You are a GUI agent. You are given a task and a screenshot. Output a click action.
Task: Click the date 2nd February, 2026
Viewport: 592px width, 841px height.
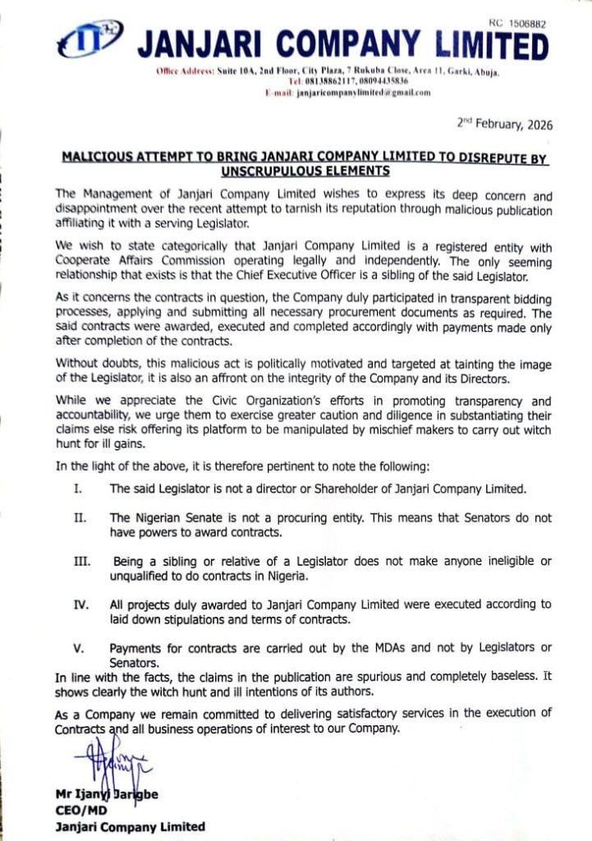click(505, 126)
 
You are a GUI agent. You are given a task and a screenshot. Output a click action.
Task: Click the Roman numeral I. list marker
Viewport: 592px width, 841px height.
click(76, 489)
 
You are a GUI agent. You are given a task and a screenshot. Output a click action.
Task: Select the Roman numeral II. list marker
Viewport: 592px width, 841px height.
click(79, 519)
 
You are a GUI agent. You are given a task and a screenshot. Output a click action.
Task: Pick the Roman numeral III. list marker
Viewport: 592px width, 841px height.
click(80, 561)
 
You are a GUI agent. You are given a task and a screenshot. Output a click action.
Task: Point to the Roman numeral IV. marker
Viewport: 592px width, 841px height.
click(80, 604)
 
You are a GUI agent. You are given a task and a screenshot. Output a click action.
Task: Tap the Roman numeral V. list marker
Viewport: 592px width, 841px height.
click(79, 648)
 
